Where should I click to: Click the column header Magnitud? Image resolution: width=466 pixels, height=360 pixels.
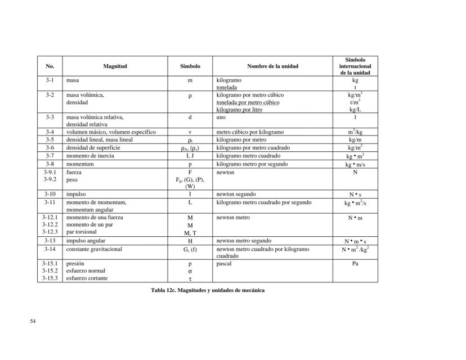tap(115, 66)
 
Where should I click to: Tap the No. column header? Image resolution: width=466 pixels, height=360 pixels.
tap(50, 66)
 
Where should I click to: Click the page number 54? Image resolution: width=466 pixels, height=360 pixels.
tap(33, 321)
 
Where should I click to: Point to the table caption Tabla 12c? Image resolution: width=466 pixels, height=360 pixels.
tap(203, 290)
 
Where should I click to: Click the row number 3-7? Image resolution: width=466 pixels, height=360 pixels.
tap(50, 156)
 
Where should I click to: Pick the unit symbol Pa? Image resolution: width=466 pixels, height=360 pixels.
tap(355, 263)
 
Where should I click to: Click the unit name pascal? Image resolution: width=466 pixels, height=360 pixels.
tap(225, 263)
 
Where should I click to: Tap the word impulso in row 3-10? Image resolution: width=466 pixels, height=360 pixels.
tap(76, 194)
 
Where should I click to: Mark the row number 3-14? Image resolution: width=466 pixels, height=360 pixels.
tap(50, 249)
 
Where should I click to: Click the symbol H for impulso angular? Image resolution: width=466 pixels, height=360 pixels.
tap(190, 241)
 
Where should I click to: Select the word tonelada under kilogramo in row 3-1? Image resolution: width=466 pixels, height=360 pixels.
tap(227, 88)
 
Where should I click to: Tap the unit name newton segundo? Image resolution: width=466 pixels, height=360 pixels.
tap(236, 194)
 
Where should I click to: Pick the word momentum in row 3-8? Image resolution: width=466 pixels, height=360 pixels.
tap(79, 164)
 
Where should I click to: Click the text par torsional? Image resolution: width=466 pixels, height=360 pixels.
tap(81, 232)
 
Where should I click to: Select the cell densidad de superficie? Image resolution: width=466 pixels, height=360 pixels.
tap(91, 147)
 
